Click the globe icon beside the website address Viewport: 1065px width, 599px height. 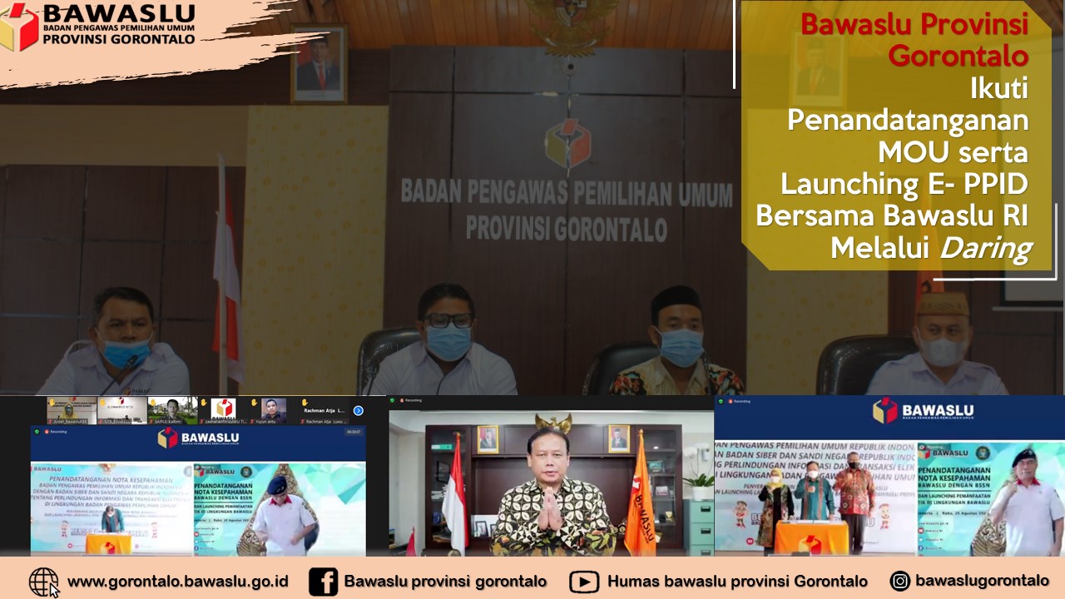pyautogui.click(x=43, y=582)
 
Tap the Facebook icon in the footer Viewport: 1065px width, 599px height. pyautogui.click(x=323, y=582)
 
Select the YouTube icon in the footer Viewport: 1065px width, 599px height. pyautogui.click(x=584, y=582)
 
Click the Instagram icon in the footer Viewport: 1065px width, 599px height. pyautogui.click(x=899, y=581)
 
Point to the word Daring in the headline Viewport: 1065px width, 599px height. pyautogui.click(x=984, y=248)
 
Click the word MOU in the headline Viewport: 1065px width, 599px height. pyautogui.click(x=911, y=152)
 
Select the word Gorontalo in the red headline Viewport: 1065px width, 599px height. pyautogui.click(x=958, y=56)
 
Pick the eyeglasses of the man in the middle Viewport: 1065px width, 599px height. pyautogui.click(x=448, y=320)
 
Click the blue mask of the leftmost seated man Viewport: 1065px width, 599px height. pyautogui.click(x=126, y=353)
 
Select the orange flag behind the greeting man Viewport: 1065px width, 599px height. pyautogui.click(x=639, y=499)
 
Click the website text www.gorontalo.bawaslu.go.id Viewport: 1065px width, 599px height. pyautogui.click(x=177, y=582)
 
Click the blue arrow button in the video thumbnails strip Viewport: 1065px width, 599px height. pyautogui.click(x=359, y=410)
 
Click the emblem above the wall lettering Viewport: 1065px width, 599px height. pyautogui.click(x=567, y=143)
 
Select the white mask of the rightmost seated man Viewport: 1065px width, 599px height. pyautogui.click(x=942, y=351)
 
